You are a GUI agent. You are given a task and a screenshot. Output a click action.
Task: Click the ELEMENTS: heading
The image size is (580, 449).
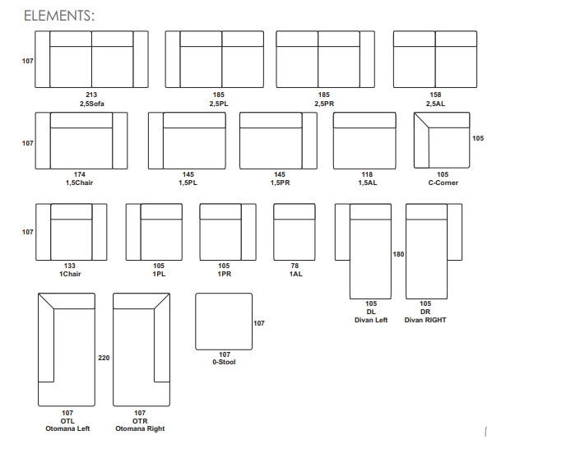tap(59, 16)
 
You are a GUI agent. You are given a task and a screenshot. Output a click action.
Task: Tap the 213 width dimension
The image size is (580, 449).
tap(91, 95)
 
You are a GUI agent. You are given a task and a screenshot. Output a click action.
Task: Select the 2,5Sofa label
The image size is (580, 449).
tap(92, 104)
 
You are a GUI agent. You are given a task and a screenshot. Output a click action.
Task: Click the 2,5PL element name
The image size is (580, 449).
tap(219, 104)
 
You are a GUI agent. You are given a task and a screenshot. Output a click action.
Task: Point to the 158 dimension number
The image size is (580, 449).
tap(435, 95)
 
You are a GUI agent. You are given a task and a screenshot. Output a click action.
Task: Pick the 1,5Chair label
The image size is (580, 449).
tap(79, 183)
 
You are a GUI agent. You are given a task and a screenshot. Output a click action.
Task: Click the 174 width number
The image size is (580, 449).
tap(80, 174)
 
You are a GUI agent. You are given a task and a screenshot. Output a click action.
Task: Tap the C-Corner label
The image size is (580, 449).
tap(443, 183)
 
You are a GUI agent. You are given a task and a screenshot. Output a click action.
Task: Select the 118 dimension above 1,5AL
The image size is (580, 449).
tap(367, 174)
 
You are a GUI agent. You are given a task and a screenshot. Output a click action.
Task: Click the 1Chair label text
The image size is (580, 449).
tap(70, 274)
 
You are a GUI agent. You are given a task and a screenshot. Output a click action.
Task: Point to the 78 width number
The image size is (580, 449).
tap(295, 266)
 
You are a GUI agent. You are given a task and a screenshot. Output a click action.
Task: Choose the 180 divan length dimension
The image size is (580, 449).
tap(398, 254)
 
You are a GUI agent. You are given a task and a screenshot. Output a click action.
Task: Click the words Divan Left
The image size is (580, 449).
tap(371, 320)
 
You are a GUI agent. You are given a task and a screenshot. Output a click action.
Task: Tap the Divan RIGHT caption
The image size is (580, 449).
tap(425, 320)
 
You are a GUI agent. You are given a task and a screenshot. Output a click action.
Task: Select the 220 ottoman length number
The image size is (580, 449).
tap(104, 358)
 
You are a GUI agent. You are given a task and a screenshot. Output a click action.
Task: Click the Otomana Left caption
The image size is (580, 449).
tap(67, 428)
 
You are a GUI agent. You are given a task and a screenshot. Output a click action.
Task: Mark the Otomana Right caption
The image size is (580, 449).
tap(140, 428)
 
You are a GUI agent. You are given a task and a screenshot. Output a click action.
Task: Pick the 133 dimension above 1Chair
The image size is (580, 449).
tap(70, 266)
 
